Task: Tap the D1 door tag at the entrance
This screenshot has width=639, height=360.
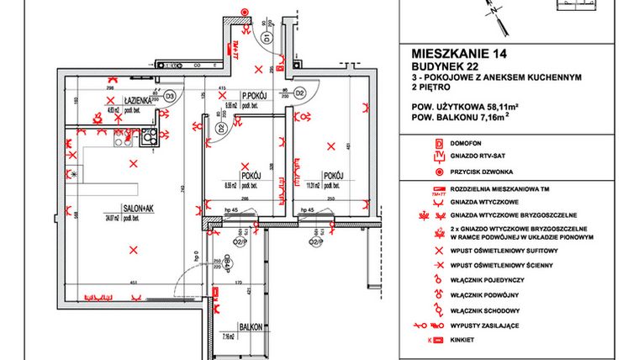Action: pyautogui.click(x=266, y=39)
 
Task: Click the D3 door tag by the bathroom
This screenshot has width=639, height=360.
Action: pyautogui.click(x=169, y=96)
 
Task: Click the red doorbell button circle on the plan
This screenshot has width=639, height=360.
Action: pyautogui.click(x=244, y=12)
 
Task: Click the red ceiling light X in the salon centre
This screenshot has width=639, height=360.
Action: pyautogui.click(x=133, y=247)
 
